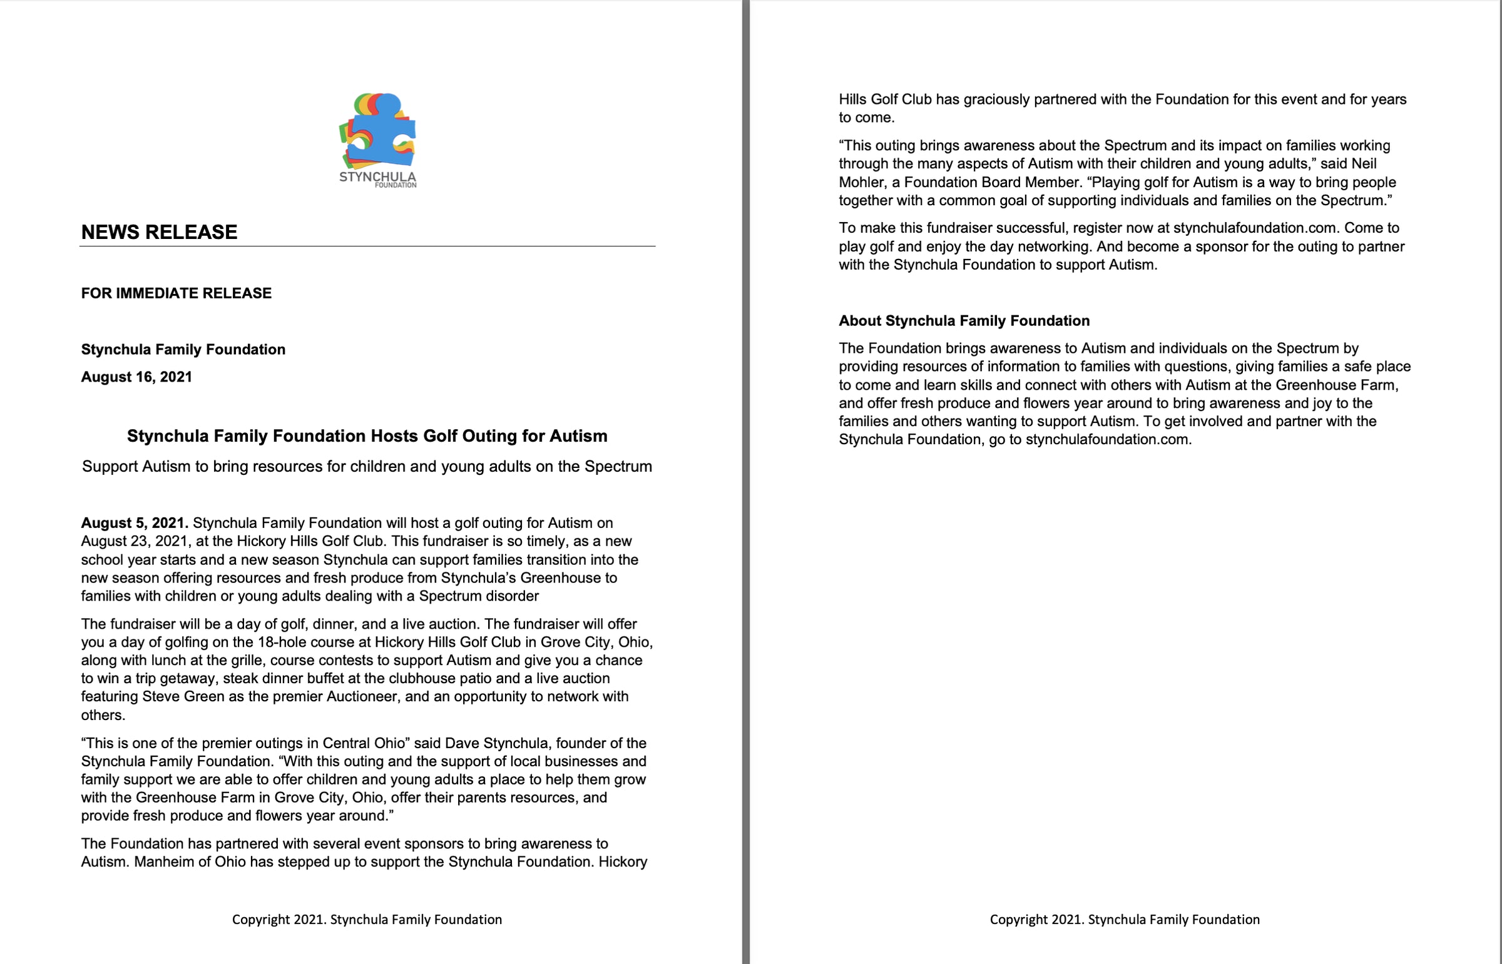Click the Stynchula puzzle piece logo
point(377,139)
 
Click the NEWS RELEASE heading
point(159,232)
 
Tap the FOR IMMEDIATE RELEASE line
point(176,293)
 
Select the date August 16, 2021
point(136,377)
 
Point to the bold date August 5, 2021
point(135,523)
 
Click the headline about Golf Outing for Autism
point(367,435)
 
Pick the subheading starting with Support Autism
point(367,466)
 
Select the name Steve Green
point(183,697)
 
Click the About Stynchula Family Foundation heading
point(964,320)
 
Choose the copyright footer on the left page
point(367,920)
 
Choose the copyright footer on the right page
point(1125,920)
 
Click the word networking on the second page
point(1054,246)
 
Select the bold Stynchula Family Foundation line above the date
point(183,349)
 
